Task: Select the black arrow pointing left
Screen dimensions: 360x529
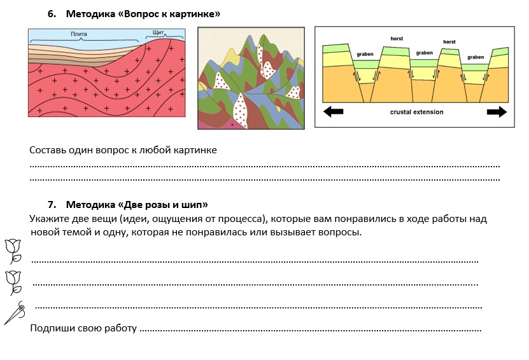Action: (x=333, y=112)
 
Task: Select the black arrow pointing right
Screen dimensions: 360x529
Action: (x=497, y=112)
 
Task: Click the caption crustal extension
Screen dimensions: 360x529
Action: (x=416, y=112)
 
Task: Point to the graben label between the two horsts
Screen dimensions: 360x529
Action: (x=425, y=53)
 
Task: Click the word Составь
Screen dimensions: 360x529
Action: (x=49, y=150)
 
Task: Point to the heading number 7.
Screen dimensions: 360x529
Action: (x=52, y=205)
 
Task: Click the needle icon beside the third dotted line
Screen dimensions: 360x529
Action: (x=15, y=312)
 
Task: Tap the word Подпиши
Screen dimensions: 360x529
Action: (x=51, y=329)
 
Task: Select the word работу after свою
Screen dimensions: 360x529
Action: (x=118, y=329)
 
